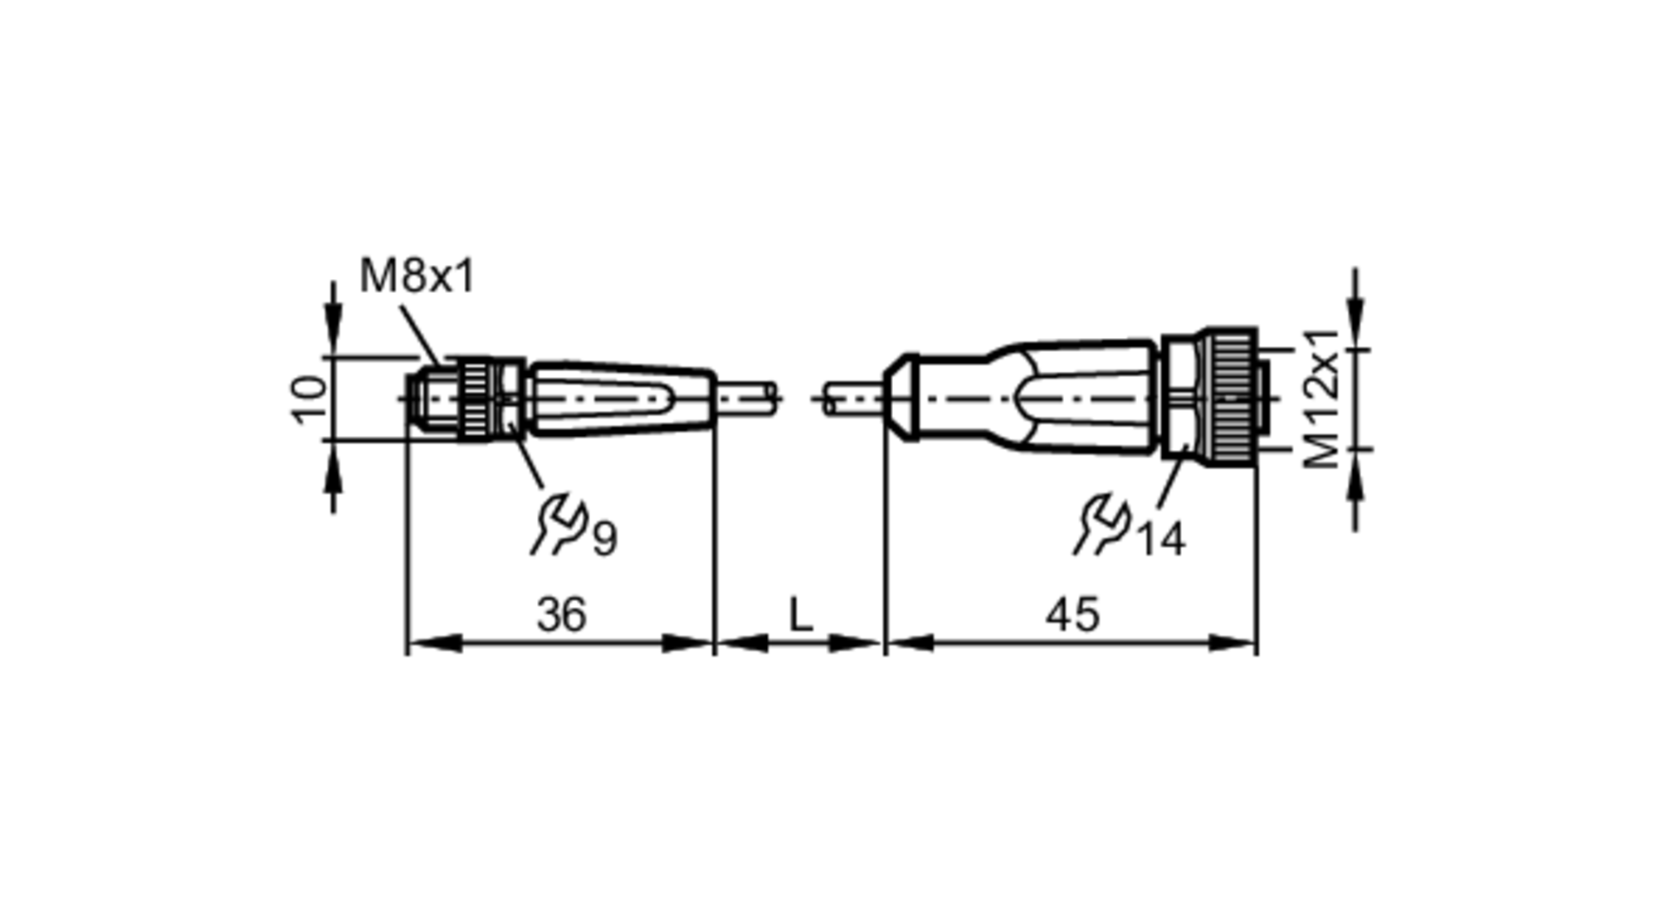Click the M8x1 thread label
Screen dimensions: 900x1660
(417, 276)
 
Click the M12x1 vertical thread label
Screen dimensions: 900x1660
(1322, 399)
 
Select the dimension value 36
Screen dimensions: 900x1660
(562, 615)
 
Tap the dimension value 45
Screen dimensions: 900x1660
(1072, 615)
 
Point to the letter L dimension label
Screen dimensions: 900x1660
(799, 615)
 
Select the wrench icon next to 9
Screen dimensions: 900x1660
(559, 525)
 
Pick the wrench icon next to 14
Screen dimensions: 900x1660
(1101, 525)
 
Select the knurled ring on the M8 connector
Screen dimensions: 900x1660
(476, 399)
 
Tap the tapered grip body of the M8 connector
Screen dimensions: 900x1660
(622, 399)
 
